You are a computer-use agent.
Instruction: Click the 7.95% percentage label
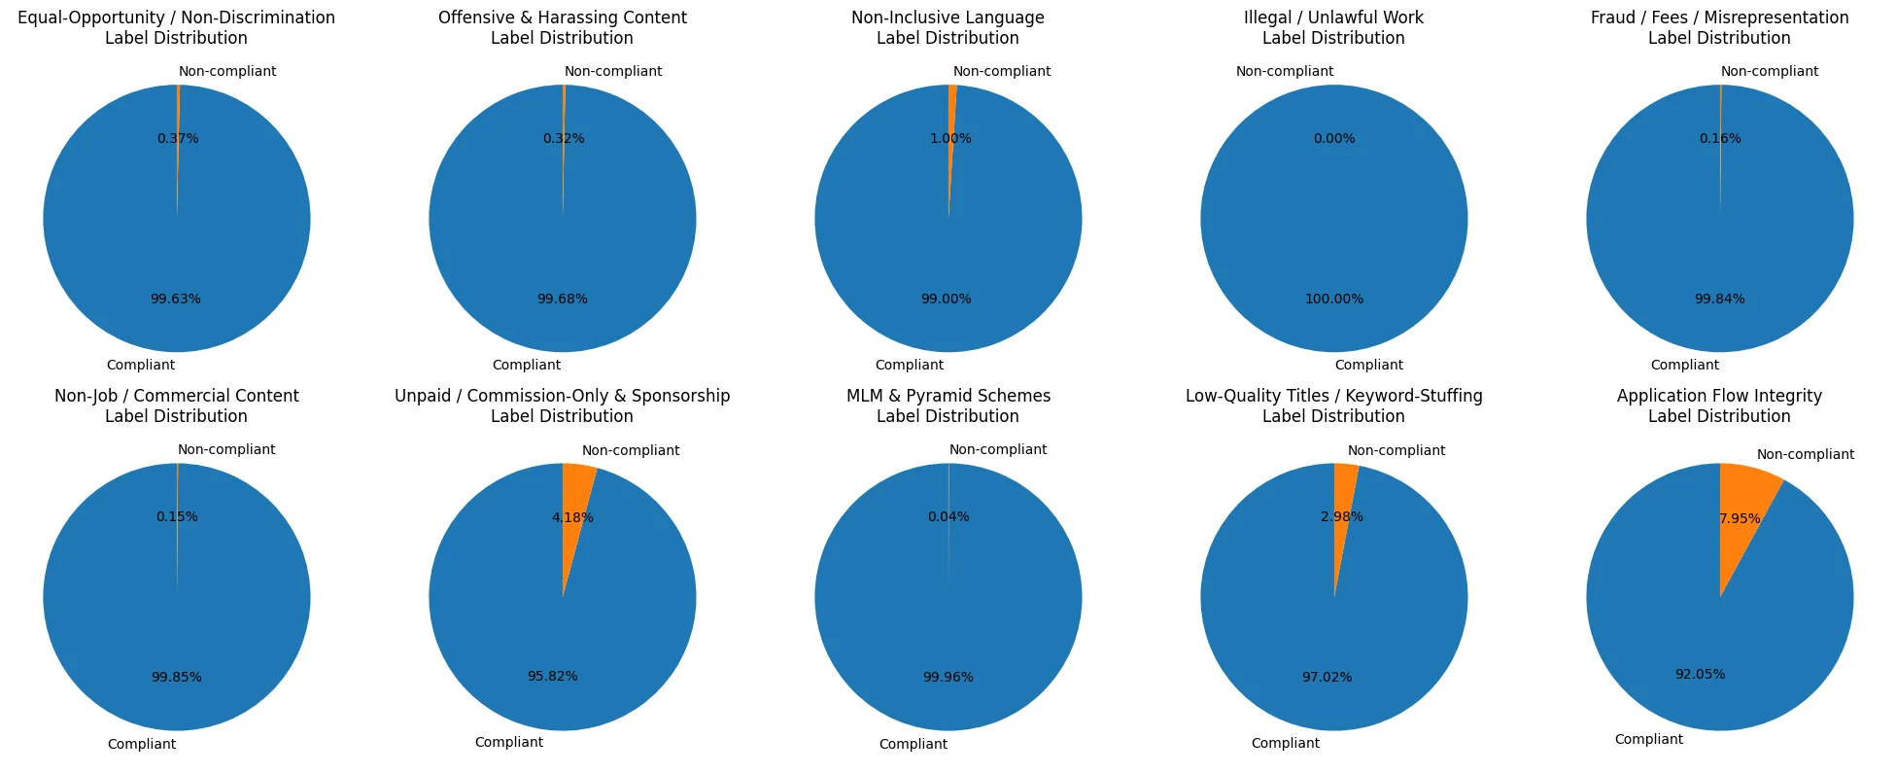tap(1740, 518)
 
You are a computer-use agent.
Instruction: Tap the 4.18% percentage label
tap(572, 517)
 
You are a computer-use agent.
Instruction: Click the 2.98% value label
tap(1341, 516)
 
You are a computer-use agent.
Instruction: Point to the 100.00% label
tap(1333, 299)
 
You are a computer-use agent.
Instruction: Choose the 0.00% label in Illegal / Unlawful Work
tap(1333, 138)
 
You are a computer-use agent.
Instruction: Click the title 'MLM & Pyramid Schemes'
tap(948, 396)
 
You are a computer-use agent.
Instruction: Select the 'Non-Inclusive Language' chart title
tap(948, 18)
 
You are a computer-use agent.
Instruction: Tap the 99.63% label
tap(176, 299)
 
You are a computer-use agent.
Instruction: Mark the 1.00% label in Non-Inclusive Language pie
tap(950, 138)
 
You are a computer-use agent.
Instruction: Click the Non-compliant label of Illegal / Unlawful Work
tap(1284, 71)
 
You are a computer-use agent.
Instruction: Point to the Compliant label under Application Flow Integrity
tap(1648, 739)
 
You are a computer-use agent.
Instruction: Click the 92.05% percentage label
tap(1700, 674)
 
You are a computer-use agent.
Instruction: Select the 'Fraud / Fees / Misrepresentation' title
tap(1719, 18)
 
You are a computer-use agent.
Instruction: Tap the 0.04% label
tap(948, 516)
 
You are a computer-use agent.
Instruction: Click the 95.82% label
tap(552, 676)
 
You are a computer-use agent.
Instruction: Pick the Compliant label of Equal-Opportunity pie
tap(141, 365)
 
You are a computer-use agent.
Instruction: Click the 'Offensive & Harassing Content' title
tap(562, 18)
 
